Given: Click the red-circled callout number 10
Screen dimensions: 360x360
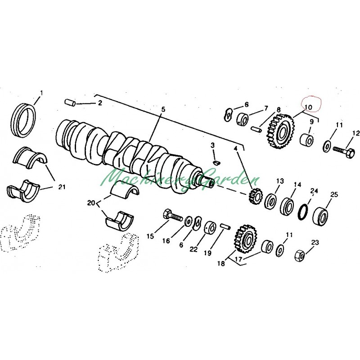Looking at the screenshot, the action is click(x=309, y=107).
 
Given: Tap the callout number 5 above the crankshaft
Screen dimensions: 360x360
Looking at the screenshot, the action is click(x=163, y=109).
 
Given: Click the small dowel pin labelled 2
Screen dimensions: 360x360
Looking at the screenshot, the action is click(x=70, y=103).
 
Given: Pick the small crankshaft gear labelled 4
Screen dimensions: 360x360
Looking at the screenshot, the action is click(x=255, y=196).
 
